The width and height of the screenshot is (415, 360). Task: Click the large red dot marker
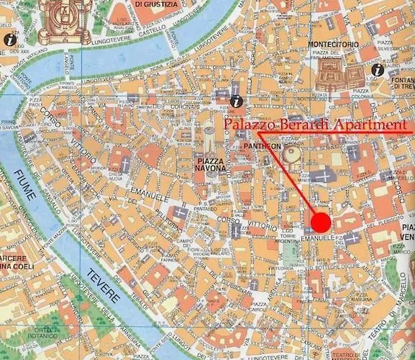pos(321,221)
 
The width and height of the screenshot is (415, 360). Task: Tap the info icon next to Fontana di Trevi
pos(375,71)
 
